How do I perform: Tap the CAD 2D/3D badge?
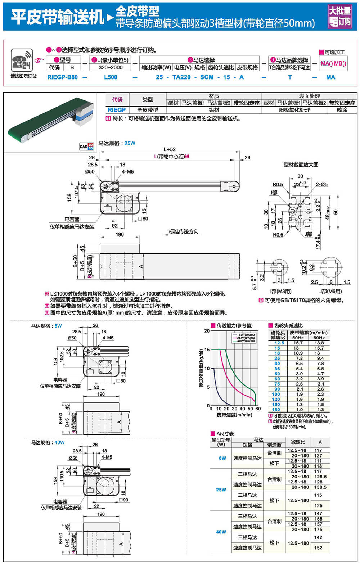[86, 146]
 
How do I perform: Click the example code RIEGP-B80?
[62, 77]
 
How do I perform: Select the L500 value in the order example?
[111, 77]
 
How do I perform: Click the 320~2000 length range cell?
[111, 67]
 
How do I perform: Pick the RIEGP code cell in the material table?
[117, 110]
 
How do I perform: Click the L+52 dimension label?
[170, 149]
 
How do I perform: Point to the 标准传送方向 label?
[184, 231]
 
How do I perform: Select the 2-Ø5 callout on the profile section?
[322, 184]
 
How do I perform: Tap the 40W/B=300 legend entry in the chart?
[246, 341]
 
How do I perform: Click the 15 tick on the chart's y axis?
[207, 350]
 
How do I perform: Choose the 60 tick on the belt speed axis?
[258, 409]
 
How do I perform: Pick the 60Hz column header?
[319, 338]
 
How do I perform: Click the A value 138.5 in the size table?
[320, 487]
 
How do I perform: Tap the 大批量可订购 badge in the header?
[340, 17]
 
